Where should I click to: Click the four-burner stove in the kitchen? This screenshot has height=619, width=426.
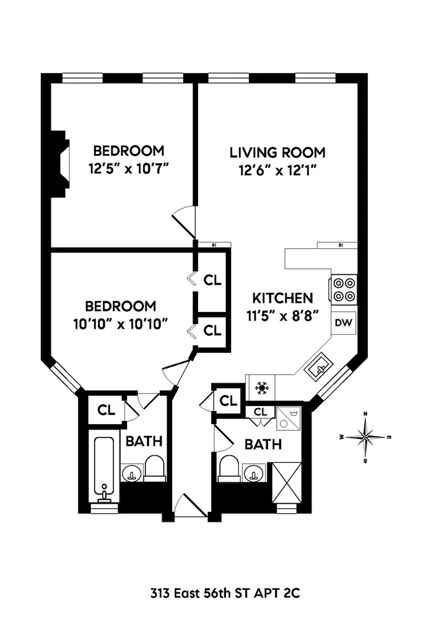344,289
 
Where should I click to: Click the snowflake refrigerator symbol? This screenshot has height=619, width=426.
261,388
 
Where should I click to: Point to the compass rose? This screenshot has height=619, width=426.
366,438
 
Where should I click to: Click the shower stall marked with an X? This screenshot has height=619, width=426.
287,482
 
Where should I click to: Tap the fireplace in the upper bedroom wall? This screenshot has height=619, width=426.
61,163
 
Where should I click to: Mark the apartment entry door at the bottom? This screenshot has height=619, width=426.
191,506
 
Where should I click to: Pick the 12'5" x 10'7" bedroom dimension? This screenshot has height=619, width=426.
129,168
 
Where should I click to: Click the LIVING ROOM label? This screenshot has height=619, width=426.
277,152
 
